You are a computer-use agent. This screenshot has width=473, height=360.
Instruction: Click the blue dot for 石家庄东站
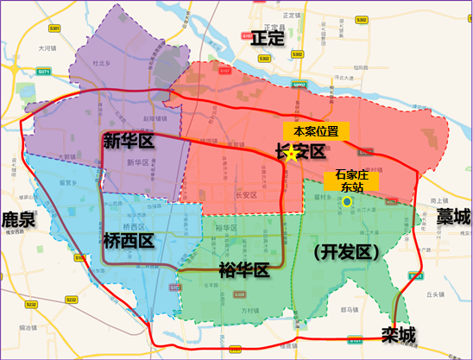point(347,201)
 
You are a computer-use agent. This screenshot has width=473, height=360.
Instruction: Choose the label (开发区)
point(344,252)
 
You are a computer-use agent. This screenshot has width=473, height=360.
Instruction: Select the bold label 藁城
point(453,216)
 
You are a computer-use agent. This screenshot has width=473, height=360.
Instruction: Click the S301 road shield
point(54,28)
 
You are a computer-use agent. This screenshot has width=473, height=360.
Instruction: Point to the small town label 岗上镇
point(431,200)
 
